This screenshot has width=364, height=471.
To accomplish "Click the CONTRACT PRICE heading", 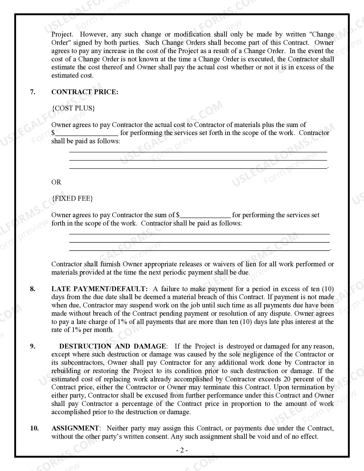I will tap(85, 92).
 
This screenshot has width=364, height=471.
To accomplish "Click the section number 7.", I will tap(33, 92).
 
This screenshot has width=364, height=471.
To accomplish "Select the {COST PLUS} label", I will tap(73, 108).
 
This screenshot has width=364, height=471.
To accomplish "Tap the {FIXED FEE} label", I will tap(72, 198).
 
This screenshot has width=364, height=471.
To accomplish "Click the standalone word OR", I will tap(56, 182).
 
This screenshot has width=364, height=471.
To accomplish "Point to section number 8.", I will tap(33, 289).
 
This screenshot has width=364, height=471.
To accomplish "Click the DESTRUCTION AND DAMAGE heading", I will tap(112, 346).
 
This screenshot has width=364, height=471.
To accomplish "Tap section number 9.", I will tap(33, 346).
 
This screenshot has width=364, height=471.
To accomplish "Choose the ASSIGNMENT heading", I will tap(75, 428).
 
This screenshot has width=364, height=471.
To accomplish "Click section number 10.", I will tap(34, 428).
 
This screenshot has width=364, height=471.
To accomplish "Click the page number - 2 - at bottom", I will tap(182, 450).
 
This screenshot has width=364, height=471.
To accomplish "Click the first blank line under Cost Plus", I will tap(198, 152).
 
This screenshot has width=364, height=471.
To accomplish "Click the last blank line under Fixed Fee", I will tap(199, 250).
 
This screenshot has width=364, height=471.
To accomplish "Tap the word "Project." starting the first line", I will tap(62, 34).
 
